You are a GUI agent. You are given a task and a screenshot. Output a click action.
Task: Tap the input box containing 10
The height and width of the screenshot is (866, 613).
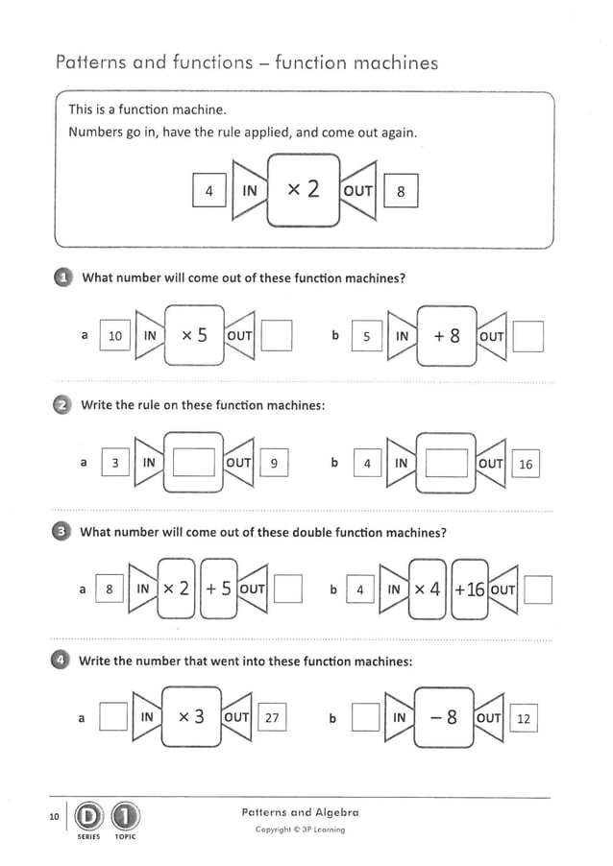(x=115, y=336)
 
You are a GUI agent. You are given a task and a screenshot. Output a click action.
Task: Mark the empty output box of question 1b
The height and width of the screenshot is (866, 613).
(x=528, y=337)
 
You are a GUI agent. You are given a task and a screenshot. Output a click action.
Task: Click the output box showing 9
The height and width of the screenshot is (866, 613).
(x=274, y=464)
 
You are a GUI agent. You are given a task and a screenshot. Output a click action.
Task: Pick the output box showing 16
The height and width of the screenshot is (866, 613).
(x=525, y=465)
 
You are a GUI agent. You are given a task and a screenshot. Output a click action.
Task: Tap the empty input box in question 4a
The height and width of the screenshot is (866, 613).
(x=114, y=717)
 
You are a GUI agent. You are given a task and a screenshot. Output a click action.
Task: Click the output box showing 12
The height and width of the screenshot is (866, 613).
(x=525, y=718)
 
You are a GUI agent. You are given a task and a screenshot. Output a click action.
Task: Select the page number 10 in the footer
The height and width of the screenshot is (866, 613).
(x=54, y=817)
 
